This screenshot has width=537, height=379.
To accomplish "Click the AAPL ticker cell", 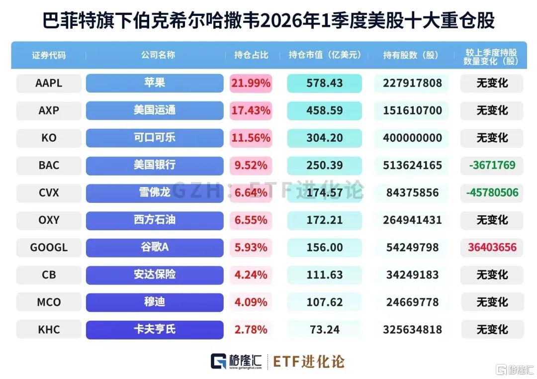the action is (49, 83).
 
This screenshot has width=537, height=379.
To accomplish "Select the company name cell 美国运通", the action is (155, 111).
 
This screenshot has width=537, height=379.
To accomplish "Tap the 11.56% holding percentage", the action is (251, 138).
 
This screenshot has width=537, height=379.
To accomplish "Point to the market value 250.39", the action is (324, 166).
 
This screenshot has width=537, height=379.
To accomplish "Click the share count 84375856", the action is (412, 192).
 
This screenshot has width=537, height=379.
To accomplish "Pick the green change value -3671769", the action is (492, 165).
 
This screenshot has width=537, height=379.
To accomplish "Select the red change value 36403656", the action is (492, 247).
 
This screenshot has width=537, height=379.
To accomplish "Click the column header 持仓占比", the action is (251, 55).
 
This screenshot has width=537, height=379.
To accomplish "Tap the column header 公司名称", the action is (158, 55).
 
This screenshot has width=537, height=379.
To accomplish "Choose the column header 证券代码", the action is (49, 55).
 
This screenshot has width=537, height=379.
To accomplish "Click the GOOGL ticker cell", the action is (49, 248).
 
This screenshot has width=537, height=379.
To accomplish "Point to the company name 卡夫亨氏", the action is (155, 330).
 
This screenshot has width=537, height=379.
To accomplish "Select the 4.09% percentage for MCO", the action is (251, 302).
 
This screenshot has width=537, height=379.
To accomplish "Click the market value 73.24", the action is (324, 330).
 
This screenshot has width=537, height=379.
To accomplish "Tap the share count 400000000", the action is (412, 138).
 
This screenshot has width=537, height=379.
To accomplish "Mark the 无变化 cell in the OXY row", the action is (492, 220).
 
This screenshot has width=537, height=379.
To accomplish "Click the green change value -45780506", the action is (492, 192).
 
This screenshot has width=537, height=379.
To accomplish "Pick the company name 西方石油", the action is (155, 220).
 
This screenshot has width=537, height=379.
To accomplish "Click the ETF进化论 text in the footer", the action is (309, 362).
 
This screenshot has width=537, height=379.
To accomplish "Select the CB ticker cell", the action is (49, 275).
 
